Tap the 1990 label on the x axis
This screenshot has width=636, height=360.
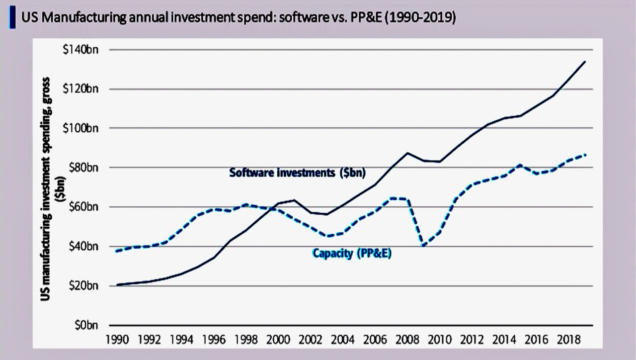click(117, 341)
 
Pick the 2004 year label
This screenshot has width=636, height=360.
click(343, 341)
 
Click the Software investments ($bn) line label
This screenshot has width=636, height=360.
click(298, 173)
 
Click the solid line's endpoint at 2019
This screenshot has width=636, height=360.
click(585, 62)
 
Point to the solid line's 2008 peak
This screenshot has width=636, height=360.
click(408, 153)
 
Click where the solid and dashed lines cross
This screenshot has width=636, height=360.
click(272, 207)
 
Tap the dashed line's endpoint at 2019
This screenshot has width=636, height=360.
click(585, 155)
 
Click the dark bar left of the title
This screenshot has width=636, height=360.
click(11, 18)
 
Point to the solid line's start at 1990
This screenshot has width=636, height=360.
click(117, 285)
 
